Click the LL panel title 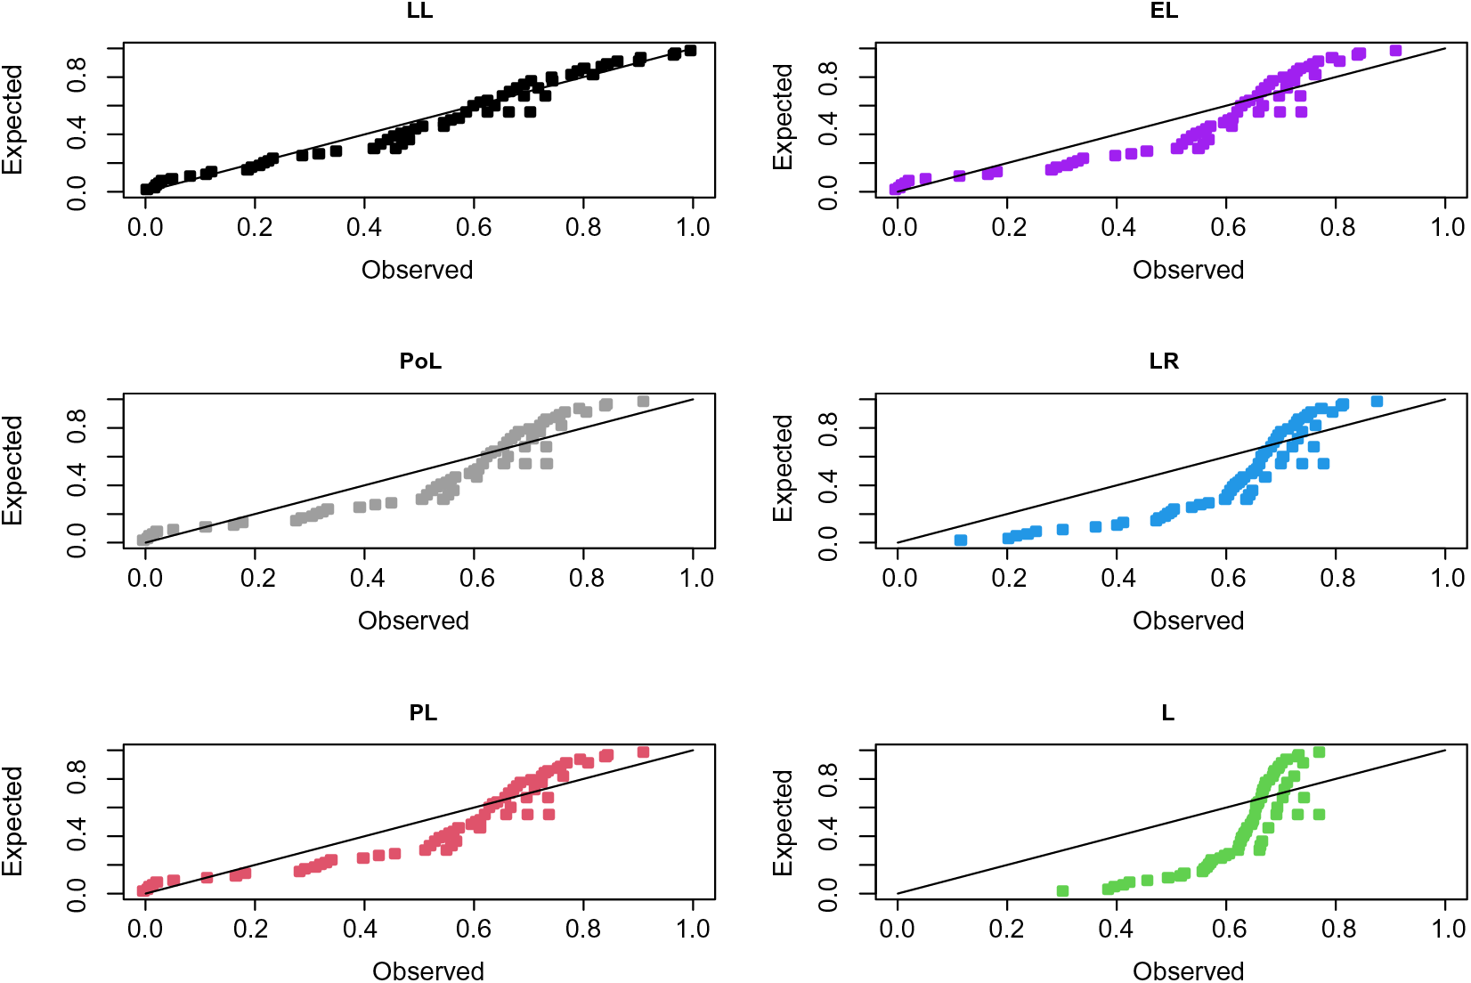point(419,11)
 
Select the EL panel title point(1164,11)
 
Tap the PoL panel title point(420,362)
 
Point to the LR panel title point(1164,362)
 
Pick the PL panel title point(423,713)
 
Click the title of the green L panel point(1167,713)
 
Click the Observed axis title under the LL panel point(417,270)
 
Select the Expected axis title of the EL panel point(783,117)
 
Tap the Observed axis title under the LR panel point(1188,621)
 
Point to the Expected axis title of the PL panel point(12,820)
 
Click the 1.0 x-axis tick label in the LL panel point(693,228)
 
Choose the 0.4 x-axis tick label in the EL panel point(1117,228)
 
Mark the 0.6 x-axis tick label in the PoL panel point(476,579)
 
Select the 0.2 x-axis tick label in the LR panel point(1009,579)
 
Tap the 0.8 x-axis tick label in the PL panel point(584,930)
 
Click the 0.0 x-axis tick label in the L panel point(897,930)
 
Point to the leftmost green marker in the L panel point(1062,890)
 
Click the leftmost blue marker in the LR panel point(961,540)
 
